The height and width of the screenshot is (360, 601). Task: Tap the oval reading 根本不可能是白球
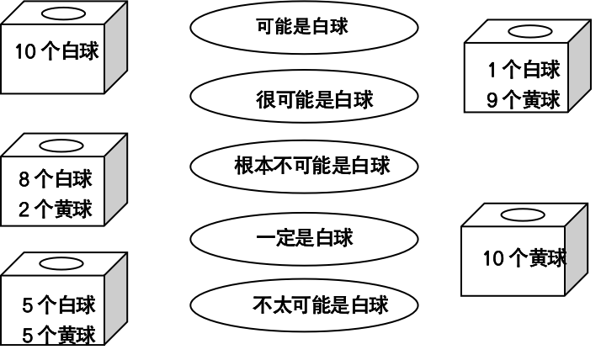pyautogui.click(x=305, y=165)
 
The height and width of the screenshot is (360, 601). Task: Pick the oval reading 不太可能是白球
pyautogui.click(x=305, y=304)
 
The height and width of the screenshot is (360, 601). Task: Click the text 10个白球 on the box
pyautogui.click(x=56, y=51)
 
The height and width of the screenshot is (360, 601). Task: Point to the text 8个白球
pyautogui.click(x=55, y=179)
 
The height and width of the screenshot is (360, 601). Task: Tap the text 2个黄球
pyautogui.click(x=55, y=209)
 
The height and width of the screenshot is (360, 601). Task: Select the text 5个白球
pyautogui.click(x=58, y=305)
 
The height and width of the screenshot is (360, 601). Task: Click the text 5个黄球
pyautogui.click(x=58, y=334)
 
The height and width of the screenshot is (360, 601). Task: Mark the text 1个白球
pyautogui.click(x=523, y=70)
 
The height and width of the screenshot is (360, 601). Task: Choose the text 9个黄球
pyautogui.click(x=523, y=100)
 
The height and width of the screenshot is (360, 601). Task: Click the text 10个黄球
pyautogui.click(x=524, y=258)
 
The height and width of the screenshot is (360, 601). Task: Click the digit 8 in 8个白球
pyautogui.click(x=24, y=179)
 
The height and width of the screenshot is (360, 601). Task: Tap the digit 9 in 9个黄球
pyautogui.click(x=493, y=100)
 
